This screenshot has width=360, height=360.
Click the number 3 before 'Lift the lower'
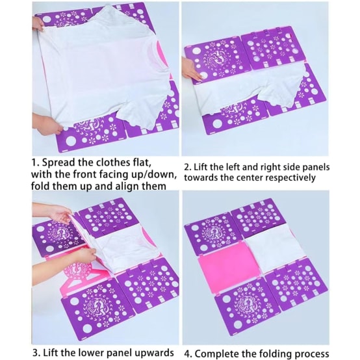pyautogui.click(x=35, y=353)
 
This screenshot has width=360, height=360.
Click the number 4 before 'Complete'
pyautogui.click(x=188, y=354)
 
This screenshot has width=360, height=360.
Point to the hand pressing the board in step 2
pyautogui.click(x=192, y=70)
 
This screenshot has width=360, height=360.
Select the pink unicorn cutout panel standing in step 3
pyautogui.click(x=77, y=279)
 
